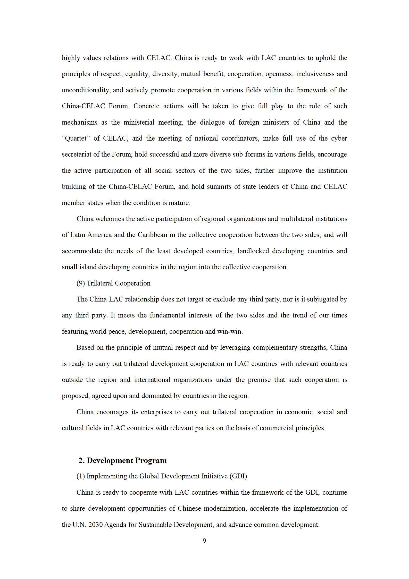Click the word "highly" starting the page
click(x=71, y=58)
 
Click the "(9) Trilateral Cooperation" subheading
click(x=113, y=283)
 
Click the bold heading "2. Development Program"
click(x=123, y=460)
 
